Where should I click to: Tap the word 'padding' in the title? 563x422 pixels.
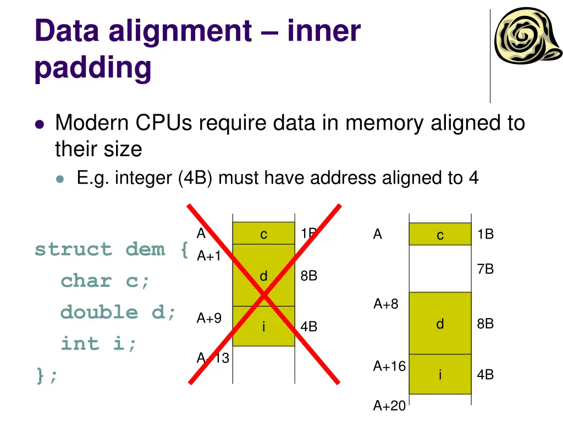click(92, 68)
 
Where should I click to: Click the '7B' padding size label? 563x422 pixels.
click(485, 269)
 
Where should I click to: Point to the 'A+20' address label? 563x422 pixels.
click(389, 406)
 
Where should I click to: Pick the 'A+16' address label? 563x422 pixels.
click(389, 366)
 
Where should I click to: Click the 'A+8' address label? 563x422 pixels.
click(386, 304)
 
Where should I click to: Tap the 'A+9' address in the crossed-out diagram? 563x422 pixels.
click(209, 318)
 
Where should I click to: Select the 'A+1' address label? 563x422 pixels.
click(209, 256)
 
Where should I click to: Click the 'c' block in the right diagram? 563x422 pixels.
click(440, 235)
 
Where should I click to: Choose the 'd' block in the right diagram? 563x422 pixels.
click(440, 324)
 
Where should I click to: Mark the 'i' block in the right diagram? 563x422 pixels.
click(440, 375)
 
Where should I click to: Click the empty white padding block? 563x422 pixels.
click(440, 269)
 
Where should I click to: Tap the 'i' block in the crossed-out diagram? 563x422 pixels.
click(263, 326)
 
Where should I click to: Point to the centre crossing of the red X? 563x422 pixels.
click(264, 295)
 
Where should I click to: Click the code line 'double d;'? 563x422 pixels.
click(119, 312)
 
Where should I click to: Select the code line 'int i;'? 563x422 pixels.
click(98, 344)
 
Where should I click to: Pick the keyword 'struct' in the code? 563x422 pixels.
click(72, 249)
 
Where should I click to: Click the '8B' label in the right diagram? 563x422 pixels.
click(485, 324)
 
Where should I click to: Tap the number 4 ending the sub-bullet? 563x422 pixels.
click(473, 178)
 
